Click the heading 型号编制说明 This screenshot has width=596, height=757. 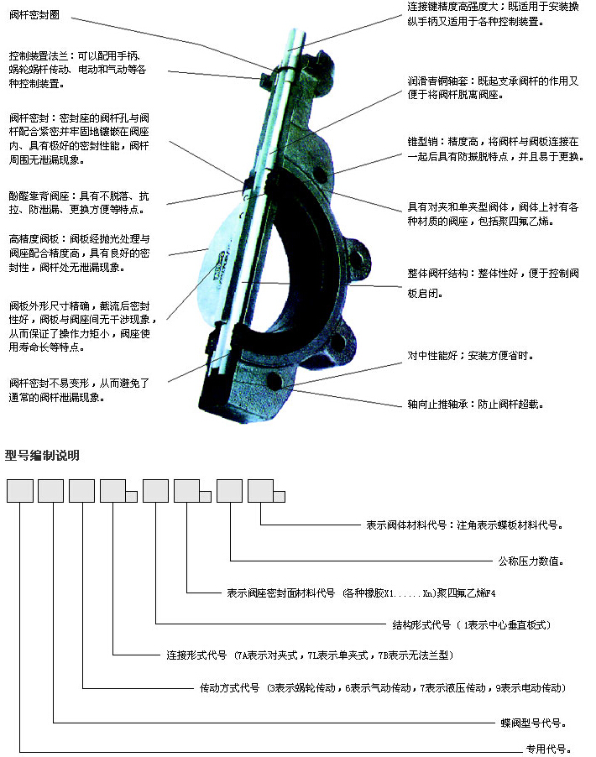[x=42, y=455]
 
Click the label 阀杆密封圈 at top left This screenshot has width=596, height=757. [x=34, y=15]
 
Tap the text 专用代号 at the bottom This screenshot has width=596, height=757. [x=548, y=749]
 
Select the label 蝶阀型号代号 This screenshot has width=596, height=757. [x=533, y=723]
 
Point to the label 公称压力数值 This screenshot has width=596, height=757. [x=531, y=561]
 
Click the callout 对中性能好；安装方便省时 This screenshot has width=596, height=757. [x=470, y=356]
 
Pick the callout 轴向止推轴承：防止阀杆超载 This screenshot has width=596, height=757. [x=475, y=404]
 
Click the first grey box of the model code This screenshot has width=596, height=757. [x=20, y=491]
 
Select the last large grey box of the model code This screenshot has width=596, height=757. [x=261, y=491]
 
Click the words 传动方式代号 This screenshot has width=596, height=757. [x=229, y=688]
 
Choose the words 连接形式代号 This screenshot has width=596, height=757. [x=196, y=655]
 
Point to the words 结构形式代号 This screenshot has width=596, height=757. [x=421, y=625]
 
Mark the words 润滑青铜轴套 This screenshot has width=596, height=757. [x=437, y=81]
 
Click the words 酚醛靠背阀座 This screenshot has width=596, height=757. [x=39, y=196]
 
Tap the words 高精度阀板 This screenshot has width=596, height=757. [x=34, y=239]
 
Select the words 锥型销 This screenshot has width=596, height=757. [x=422, y=142]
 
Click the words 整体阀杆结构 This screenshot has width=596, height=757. [x=437, y=274]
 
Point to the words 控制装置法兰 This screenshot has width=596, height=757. [x=39, y=56]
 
